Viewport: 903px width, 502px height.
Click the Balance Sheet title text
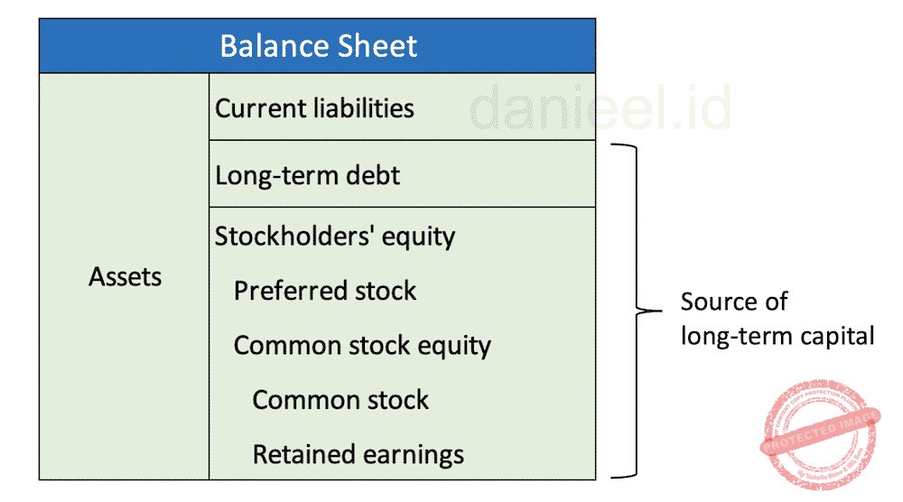tap(318, 46)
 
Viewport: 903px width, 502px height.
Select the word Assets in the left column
tap(125, 277)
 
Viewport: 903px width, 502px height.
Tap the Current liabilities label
tap(314, 108)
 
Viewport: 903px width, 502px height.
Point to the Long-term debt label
tap(307, 175)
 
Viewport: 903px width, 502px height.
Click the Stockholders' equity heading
tap(334, 237)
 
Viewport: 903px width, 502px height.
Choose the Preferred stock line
tap(325, 291)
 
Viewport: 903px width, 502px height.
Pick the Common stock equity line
tap(362, 346)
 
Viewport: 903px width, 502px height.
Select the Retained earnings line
tap(358, 454)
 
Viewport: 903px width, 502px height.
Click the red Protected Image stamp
tap(820, 435)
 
